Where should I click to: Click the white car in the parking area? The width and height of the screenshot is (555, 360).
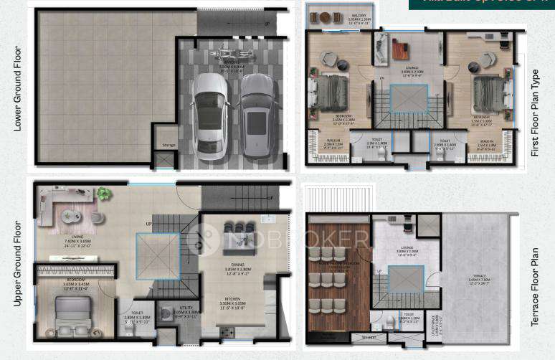click(x=209, y=117)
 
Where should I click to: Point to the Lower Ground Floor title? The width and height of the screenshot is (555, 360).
click(x=17, y=88)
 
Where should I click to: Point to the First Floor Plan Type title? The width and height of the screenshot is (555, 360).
click(x=533, y=113)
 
